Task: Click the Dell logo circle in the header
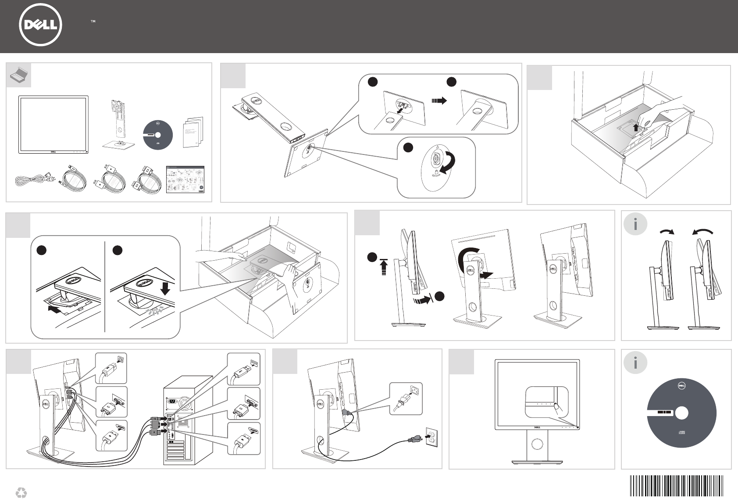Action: (x=40, y=25)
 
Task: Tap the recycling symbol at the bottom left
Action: (x=21, y=492)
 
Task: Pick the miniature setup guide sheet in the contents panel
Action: (x=185, y=179)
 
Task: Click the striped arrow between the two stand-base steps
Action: (x=439, y=101)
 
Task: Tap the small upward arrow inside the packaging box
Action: (x=635, y=127)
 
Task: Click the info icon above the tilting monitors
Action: (x=635, y=224)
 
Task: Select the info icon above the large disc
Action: (x=635, y=363)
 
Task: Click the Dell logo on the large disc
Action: (x=681, y=386)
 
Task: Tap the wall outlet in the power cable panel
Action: (x=431, y=437)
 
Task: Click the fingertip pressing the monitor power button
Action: (x=558, y=407)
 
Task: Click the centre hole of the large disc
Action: (x=681, y=413)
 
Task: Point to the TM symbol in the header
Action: (x=93, y=21)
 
